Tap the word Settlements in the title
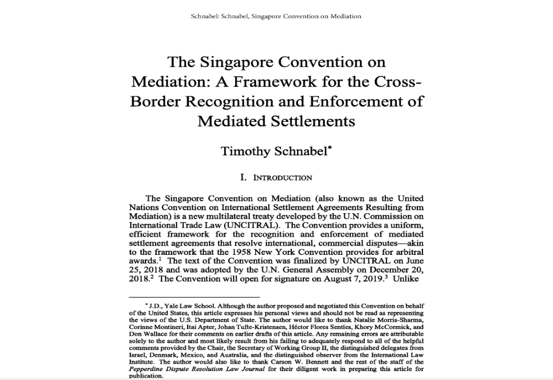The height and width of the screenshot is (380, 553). click(316, 121)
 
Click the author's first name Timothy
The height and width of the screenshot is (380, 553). click(246, 151)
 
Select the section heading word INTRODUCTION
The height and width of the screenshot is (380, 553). click(282, 178)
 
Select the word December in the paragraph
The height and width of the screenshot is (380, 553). click(379, 270)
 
